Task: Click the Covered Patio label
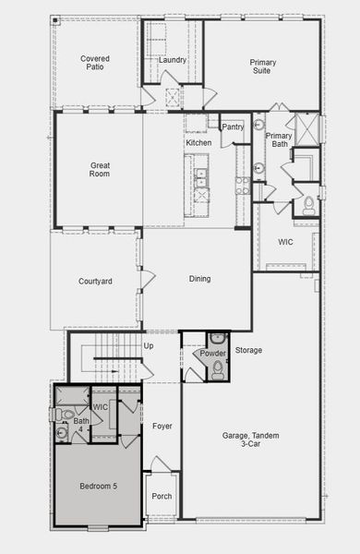tap(95, 62)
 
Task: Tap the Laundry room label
tap(173, 60)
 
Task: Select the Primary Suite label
tap(263, 66)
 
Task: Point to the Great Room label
tap(100, 169)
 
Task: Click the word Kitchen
tap(198, 143)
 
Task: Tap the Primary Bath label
tap(279, 140)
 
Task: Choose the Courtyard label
tap(95, 281)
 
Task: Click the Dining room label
tap(199, 279)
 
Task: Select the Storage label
tap(248, 350)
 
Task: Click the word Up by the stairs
tap(149, 345)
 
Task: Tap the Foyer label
tap(162, 426)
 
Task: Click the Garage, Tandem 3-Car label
tap(250, 440)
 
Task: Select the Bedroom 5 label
tap(98, 486)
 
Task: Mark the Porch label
tap(162, 496)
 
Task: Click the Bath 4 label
tap(81, 426)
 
